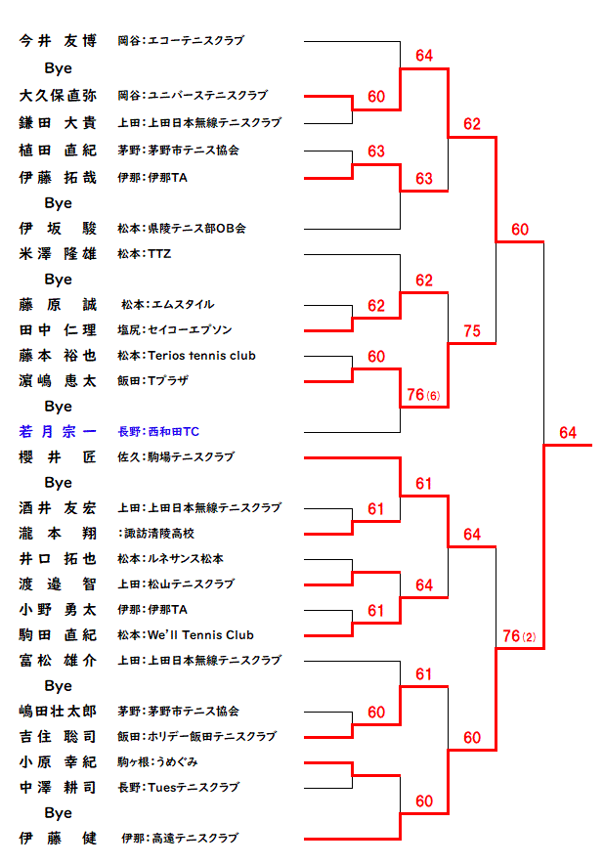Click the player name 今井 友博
coord(58,41)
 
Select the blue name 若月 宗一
coord(58,431)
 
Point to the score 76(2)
coord(519,636)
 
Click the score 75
coord(472,331)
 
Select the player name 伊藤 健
coord(58,838)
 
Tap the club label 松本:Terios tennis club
coord(187,356)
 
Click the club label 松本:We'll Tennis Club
coord(186,635)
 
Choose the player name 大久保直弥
coord(58,96)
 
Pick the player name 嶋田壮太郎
coord(58,711)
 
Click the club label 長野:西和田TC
coord(158,431)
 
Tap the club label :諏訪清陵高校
coord(155,534)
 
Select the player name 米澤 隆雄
coord(58,253)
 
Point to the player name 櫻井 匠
coord(58,456)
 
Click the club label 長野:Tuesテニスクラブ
coord(179,787)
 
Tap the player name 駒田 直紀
coord(58,635)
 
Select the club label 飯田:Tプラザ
coord(152,380)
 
